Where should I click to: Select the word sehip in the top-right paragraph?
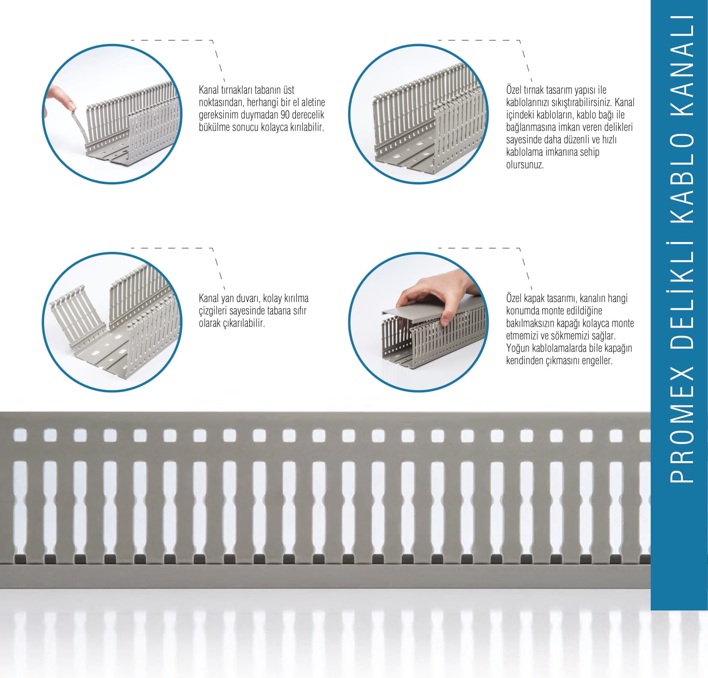coord(589,152)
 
